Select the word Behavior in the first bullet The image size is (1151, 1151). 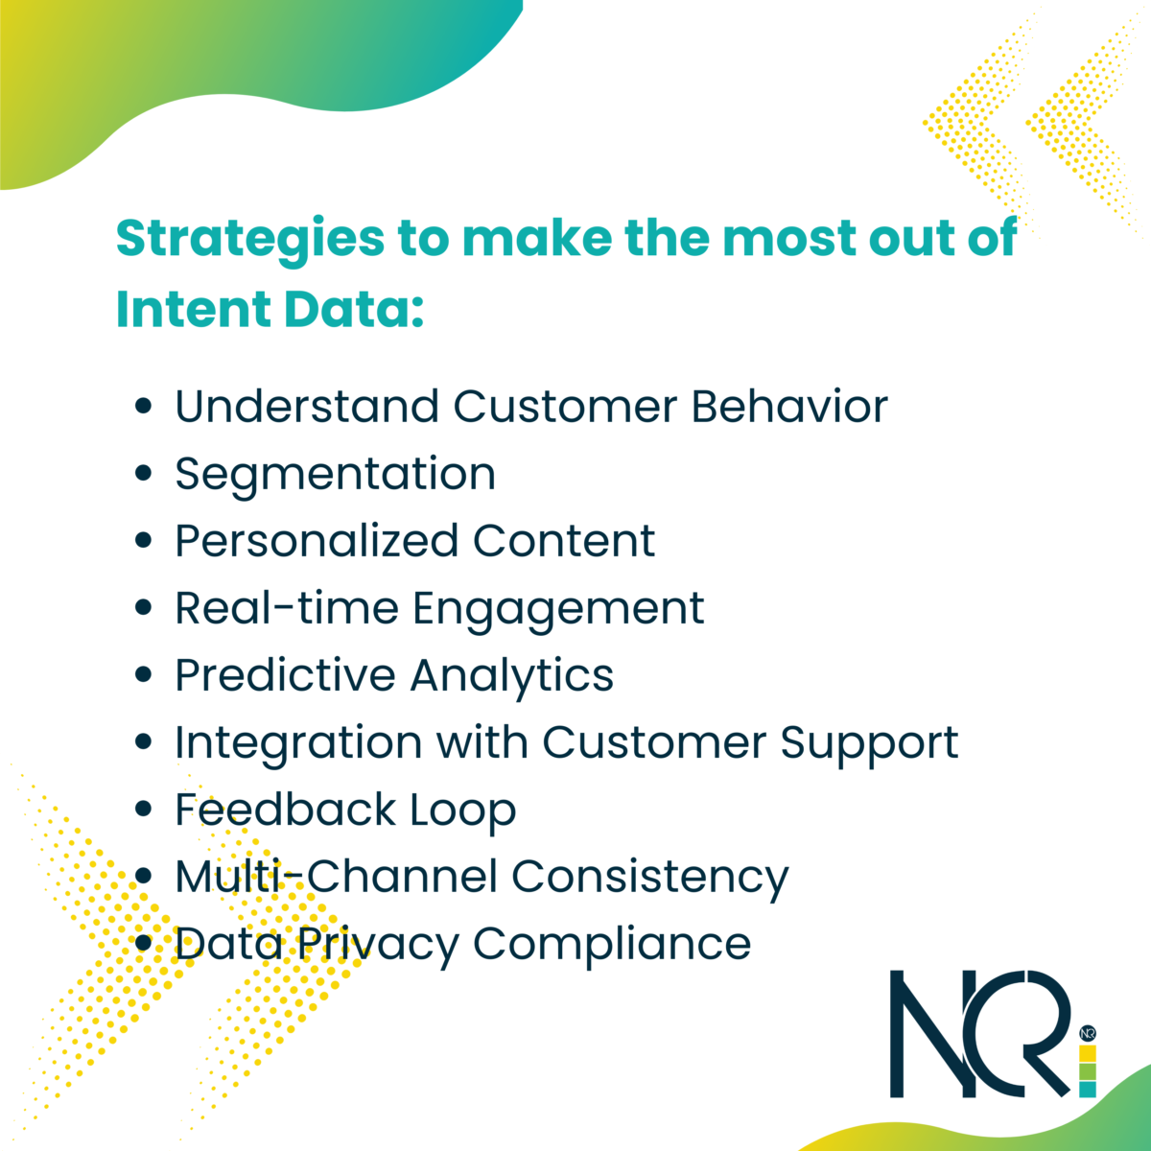[x=789, y=407]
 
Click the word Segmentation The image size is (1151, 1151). [x=335, y=476]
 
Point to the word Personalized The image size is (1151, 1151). [x=317, y=542]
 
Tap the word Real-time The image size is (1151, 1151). [x=287, y=608]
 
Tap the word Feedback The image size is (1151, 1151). [x=285, y=810]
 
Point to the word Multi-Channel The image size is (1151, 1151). [x=337, y=877]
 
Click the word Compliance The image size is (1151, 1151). [x=612, y=946]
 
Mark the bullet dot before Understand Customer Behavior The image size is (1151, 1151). [x=143, y=407]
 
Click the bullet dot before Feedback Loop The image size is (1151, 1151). [x=143, y=810]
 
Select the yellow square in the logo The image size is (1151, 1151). [x=1088, y=1053]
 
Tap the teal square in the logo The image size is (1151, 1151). [x=1088, y=1090]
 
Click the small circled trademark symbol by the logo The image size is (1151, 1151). [x=1088, y=1033]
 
